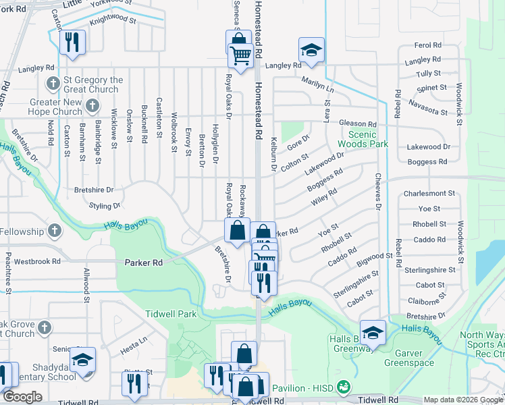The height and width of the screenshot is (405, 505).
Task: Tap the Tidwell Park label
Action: pos(171,315)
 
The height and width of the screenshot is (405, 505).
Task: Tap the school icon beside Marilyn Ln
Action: pos(311,51)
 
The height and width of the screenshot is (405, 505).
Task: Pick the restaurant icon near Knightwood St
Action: pos(72,42)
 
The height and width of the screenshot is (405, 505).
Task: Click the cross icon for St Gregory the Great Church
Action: pos(53,84)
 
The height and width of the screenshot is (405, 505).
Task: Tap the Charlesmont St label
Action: pos(430,194)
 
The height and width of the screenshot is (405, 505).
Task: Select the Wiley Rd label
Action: pos(323,198)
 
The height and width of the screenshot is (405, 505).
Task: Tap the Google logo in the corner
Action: pos(22,397)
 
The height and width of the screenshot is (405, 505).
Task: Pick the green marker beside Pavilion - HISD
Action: pos(344,387)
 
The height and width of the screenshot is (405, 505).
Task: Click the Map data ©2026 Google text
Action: pos(462,400)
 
